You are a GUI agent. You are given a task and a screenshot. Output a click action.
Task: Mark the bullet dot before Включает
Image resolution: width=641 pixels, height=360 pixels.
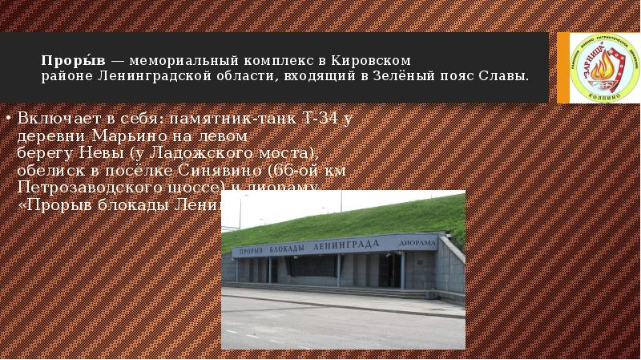(9, 119)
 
